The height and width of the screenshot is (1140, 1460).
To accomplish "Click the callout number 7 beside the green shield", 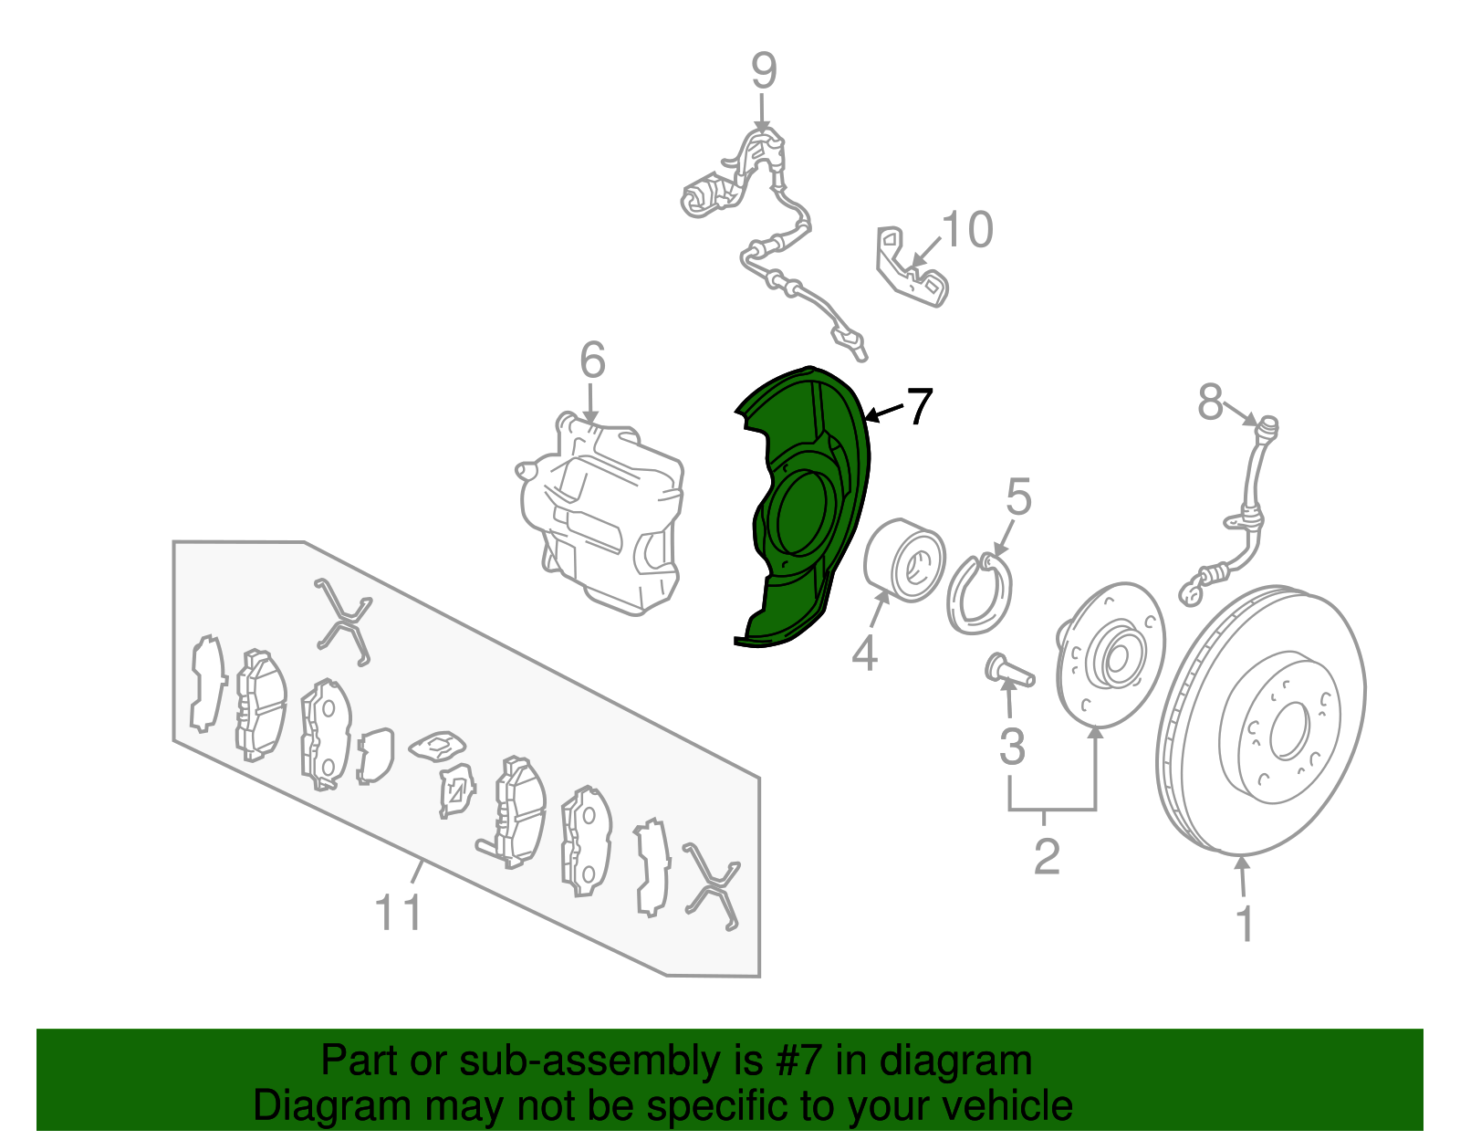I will [x=919, y=406].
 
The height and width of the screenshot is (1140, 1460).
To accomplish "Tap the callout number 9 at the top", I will [x=764, y=70].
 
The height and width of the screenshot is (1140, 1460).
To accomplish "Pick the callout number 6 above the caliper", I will [x=592, y=361].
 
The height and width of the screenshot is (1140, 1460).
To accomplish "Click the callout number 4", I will [x=864, y=654].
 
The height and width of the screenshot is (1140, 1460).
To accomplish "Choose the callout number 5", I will [x=1018, y=498].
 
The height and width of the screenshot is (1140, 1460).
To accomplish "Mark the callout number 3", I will [x=1012, y=747].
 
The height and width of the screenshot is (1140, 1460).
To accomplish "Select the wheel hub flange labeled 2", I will [x=1109, y=657].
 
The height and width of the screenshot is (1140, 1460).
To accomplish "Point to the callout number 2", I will [x=1047, y=856].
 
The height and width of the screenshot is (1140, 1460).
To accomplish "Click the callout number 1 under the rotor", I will [x=1245, y=924].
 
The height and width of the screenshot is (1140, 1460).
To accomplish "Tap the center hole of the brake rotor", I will [x=1289, y=730].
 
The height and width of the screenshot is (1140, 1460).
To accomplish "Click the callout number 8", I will [x=1210, y=402].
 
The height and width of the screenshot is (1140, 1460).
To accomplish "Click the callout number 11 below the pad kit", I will [x=399, y=912].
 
